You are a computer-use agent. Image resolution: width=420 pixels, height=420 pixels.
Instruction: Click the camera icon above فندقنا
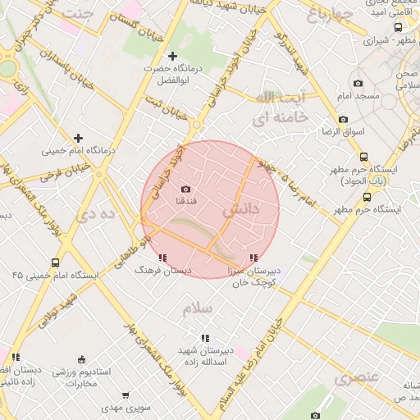click(185, 189)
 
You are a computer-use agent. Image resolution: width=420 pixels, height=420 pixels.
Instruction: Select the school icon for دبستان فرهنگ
click(162, 258)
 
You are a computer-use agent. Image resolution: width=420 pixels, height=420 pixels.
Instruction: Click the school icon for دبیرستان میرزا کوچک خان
click(252, 258)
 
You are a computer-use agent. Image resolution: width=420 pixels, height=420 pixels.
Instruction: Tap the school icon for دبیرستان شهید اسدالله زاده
click(204, 338)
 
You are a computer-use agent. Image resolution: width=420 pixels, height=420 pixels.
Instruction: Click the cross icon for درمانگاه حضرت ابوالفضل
click(172, 56)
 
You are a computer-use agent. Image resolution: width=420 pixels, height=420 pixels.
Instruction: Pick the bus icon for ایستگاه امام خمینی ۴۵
click(55, 263)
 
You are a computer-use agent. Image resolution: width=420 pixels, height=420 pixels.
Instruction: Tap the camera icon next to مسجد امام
click(357, 83)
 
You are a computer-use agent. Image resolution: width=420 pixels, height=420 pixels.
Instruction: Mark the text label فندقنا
click(185, 201)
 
